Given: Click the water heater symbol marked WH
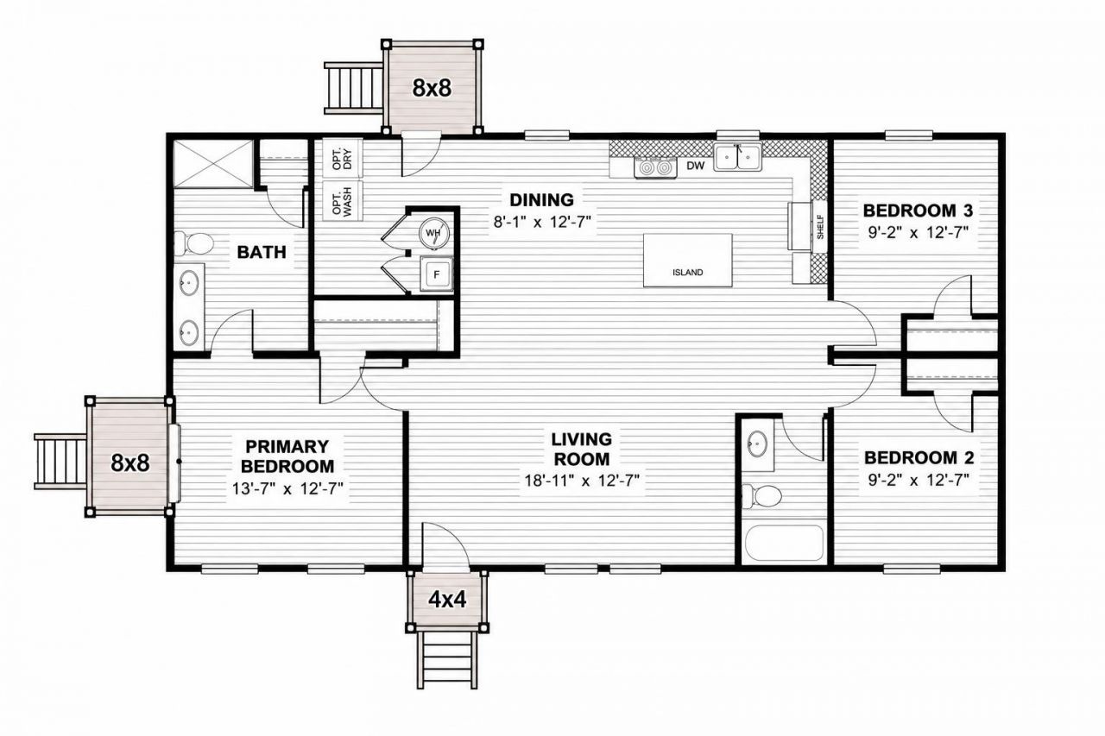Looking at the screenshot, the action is pyautogui.click(x=434, y=233).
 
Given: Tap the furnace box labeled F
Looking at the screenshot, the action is pyautogui.click(x=436, y=274).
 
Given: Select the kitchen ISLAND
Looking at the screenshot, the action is pyautogui.click(x=688, y=261).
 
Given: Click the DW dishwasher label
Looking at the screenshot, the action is pyautogui.click(x=696, y=167).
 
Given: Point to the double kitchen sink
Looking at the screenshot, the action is pyautogui.click(x=737, y=157).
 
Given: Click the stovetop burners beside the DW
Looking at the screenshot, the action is pyautogui.click(x=655, y=168).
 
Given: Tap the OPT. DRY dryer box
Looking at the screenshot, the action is pyautogui.click(x=343, y=158).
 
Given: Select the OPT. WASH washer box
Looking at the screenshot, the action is pyautogui.click(x=343, y=201).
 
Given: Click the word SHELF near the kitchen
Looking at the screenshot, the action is pyautogui.click(x=820, y=227).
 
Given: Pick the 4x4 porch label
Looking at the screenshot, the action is pyautogui.click(x=447, y=600).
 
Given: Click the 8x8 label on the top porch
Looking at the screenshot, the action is pyautogui.click(x=432, y=88).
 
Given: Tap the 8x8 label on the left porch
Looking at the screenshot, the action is pyautogui.click(x=129, y=462).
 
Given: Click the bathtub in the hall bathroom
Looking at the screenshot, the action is pyautogui.click(x=785, y=544).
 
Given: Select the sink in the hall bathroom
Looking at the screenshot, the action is pyautogui.click(x=757, y=443).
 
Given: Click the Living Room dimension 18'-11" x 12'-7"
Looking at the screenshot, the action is pyautogui.click(x=582, y=480).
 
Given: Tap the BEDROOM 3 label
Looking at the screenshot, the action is pyautogui.click(x=918, y=211).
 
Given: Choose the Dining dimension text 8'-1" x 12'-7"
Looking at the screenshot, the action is pyautogui.click(x=541, y=222).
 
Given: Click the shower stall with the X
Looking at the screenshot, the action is pyautogui.click(x=213, y=164).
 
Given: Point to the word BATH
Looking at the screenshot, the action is pyautogui.click(x=262, y=252).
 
